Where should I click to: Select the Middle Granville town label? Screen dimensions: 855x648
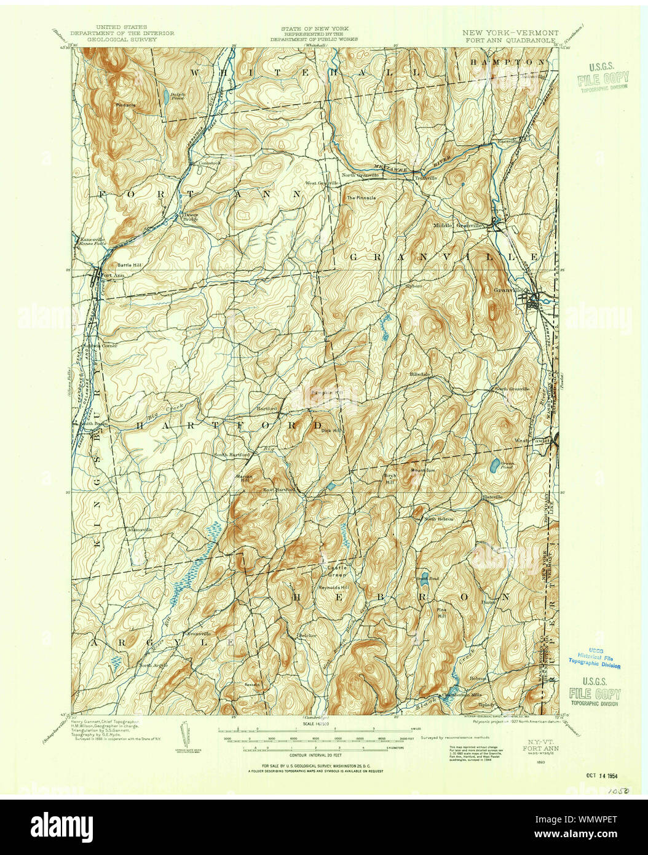[459, 225]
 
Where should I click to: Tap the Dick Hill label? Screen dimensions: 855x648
[330, 431]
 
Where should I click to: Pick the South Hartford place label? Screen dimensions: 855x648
[231, 455]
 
